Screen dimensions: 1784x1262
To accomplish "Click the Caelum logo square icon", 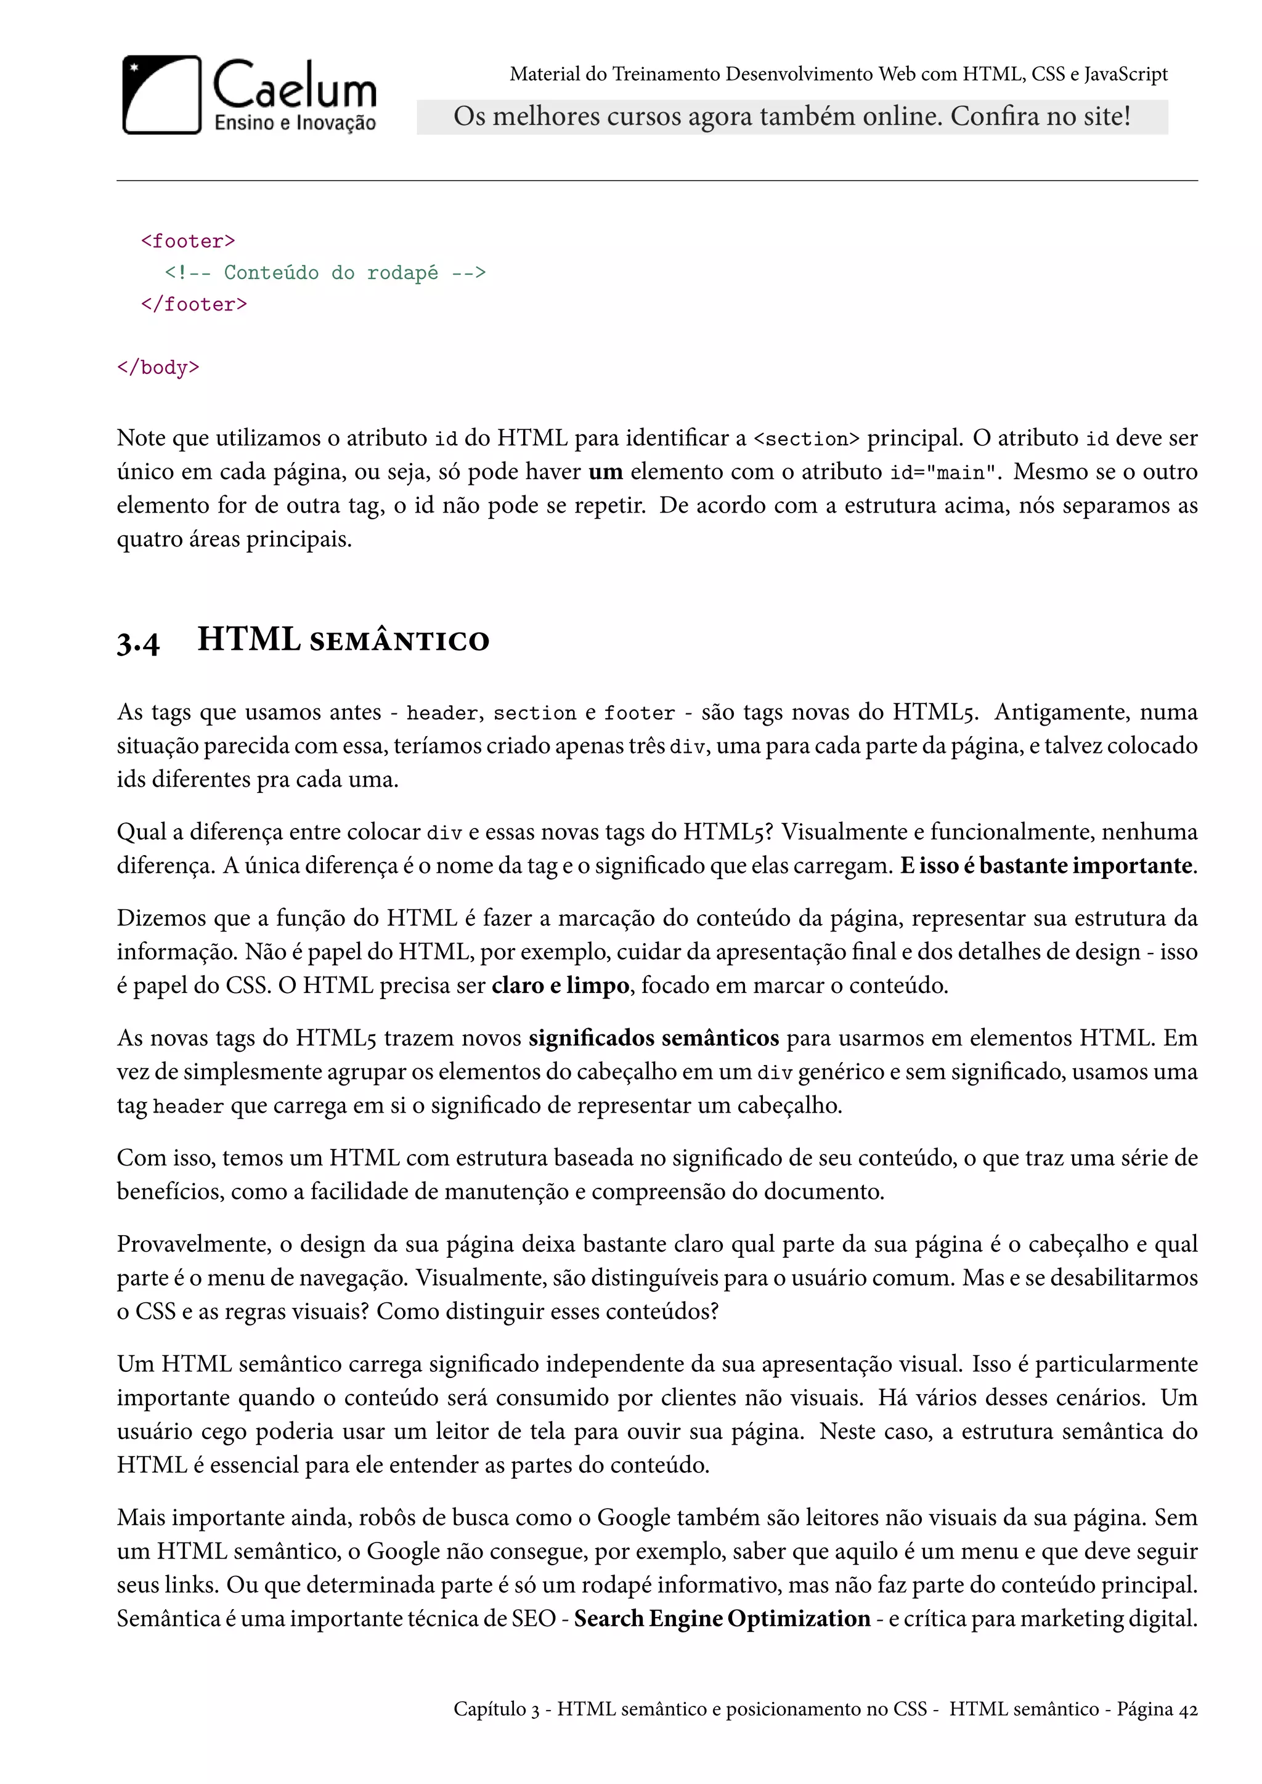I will point(161,95).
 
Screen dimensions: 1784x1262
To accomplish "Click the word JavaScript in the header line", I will point(1125,75).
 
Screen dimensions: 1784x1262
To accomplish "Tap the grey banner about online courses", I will point(791,116).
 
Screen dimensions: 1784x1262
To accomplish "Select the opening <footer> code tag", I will point(188,241).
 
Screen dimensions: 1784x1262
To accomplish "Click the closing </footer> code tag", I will point(194,304).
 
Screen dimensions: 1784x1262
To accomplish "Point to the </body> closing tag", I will point(158,368).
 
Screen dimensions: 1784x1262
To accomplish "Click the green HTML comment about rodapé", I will point(325,273).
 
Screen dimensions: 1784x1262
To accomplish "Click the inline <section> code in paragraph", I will point(807,440).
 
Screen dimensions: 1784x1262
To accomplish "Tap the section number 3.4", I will point(138,643).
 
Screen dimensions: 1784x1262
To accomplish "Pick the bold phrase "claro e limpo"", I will point(560,986).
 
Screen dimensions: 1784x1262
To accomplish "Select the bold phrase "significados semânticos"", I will point(654,1039).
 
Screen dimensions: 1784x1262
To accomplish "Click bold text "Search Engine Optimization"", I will point(722,1620).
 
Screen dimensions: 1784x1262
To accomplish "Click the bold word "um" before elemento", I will point(605,472).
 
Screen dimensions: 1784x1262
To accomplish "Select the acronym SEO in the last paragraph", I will point(533,1620).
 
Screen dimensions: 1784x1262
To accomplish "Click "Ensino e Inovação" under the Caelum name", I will point(295,123).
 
